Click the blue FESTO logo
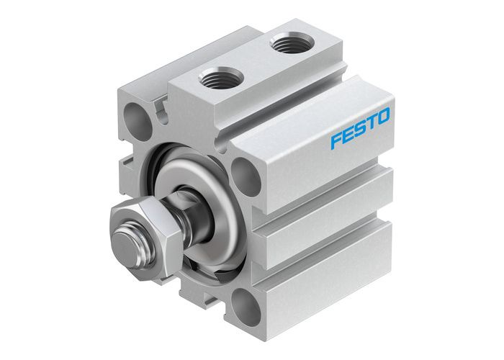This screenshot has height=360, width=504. tap(360, 129)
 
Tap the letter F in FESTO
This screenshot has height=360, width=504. tap(335, 140)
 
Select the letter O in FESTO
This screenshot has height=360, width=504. tap(383, 116)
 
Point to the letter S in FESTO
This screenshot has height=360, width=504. tap(360, 129)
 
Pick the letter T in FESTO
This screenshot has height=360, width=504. tap(372, 122)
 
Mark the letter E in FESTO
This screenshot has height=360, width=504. tap(347, 135)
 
